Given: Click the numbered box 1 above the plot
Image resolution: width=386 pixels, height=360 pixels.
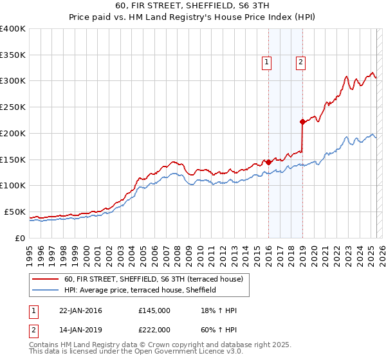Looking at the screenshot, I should (x=266, y=62).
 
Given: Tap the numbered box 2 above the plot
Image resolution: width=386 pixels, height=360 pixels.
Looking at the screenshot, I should (x=300, y=62).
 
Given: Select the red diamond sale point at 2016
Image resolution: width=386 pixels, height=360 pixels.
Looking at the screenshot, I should (x=268, y=162).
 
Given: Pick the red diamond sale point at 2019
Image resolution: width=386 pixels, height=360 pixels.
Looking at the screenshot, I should (x=302, y=121).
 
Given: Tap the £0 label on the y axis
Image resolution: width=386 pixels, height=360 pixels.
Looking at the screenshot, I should (x=21, y=238).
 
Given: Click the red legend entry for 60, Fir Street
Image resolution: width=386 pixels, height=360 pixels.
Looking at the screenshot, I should (x=153, y=280).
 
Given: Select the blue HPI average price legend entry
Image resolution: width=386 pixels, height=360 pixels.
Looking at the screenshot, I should (x=140, y=291).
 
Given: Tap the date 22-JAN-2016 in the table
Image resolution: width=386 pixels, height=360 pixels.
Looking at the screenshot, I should (x=80, y=310).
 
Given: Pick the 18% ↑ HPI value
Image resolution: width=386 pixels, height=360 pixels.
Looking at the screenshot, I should (x=219, y=310).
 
